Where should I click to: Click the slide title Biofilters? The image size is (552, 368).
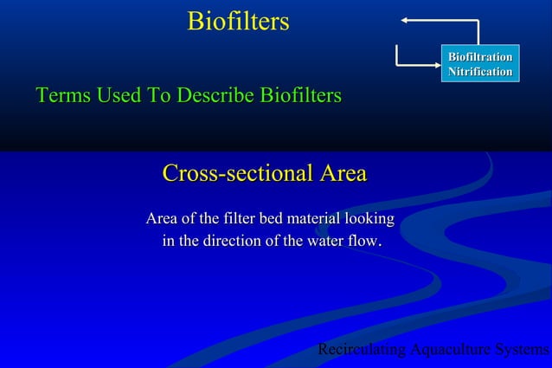pos(238,22)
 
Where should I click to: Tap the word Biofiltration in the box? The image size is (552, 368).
pos(479,57)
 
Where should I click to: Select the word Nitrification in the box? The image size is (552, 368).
pos(479,71)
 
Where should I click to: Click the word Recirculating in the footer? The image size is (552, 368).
pos(362,350)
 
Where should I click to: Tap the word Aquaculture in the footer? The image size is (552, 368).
pos(450,350)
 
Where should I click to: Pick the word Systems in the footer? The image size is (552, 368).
pos(522,350)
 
